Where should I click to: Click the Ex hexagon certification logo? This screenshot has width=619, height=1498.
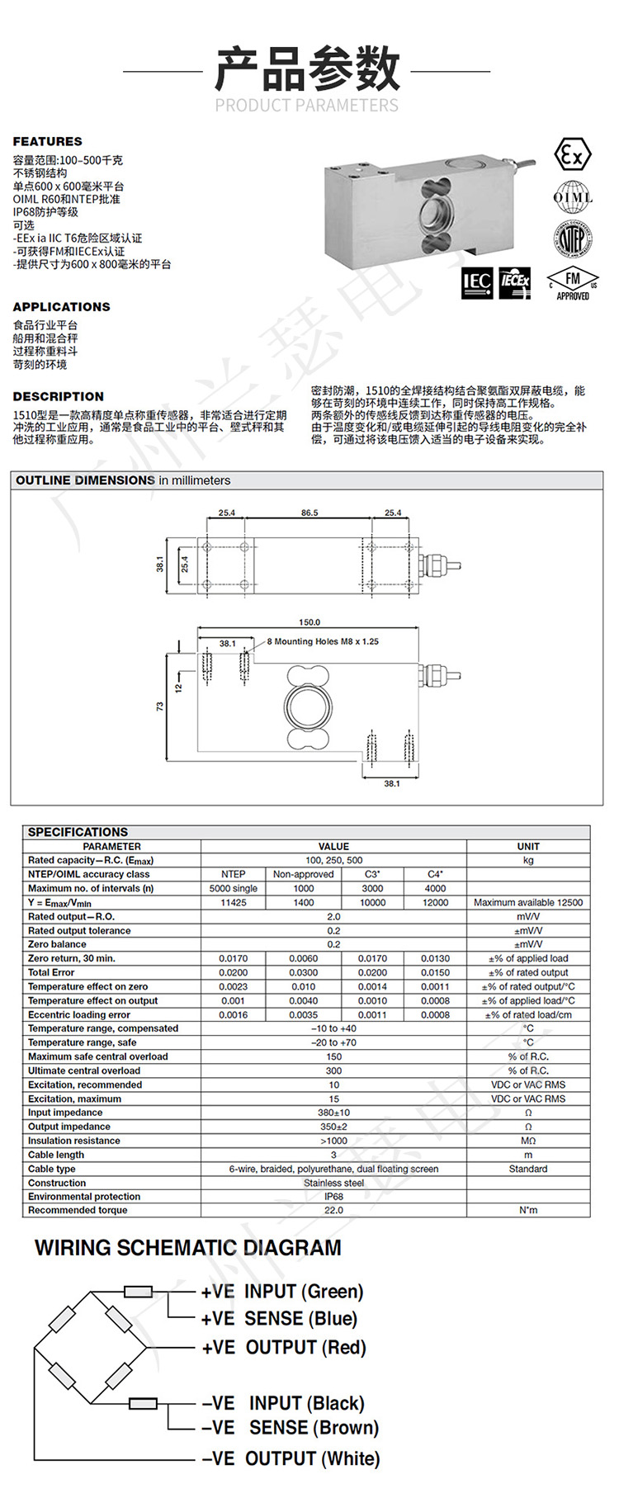click(571, 155)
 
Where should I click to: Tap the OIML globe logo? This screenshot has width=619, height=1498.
click(573, 197)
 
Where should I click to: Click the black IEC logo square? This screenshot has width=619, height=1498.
click(477, 283)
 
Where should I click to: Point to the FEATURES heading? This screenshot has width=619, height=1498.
click(47, 141)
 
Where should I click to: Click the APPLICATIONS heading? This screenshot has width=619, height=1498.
click(61, 306)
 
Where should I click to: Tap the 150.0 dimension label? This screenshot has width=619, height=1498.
click(309, 622)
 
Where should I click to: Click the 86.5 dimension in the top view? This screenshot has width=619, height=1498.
click(309, 513)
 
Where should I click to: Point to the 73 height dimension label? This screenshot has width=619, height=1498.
click(160, 706)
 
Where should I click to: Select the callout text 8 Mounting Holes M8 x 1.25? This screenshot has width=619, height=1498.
click(323, 641)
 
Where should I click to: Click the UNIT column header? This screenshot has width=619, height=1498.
click(528, 846)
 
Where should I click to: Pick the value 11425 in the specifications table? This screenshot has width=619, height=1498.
click(234, 903)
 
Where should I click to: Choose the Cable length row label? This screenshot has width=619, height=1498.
click(56, 1155)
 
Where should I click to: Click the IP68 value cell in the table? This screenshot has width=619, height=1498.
click(333, 1197)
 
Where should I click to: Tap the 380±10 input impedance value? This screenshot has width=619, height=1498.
click(333, 1113)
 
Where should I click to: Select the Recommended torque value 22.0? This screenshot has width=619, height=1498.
click(333, 1211)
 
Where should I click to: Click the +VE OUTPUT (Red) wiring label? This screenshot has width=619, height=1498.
click(283, 1348)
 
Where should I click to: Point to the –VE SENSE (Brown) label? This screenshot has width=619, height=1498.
click(290, 1428)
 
